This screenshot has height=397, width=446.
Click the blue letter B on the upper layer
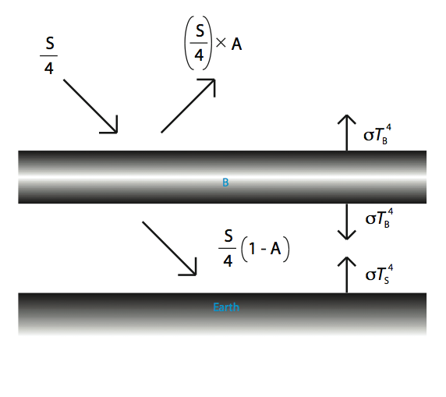(x=225, y=183)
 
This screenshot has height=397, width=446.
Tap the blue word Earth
(x=226, y=307)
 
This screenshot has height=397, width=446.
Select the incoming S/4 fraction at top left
(x=49, y=56)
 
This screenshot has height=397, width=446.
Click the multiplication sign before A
(x=221, y=43)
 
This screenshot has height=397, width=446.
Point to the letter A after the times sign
(x=236, y=44)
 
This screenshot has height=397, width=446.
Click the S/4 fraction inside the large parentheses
(x=199, y=43)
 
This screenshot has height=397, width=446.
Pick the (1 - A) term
(x=265, y=250)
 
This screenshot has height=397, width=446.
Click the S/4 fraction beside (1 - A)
(x=228, y=248)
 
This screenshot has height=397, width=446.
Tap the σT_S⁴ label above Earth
(x=379, y=275)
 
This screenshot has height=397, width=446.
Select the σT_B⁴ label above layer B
(x=377, y=134)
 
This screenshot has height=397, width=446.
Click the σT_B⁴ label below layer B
(x=379, y=218)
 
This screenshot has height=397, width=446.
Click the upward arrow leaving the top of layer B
(x=347, y=133)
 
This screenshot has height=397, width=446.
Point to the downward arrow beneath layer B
(x=347, y=222)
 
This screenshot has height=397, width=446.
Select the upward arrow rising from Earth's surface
(x=347, y=275)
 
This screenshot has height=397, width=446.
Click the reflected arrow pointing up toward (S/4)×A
(x=188, y=105)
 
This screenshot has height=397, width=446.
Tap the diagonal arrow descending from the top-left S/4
(x=90, y=106)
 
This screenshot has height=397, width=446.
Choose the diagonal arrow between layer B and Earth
(x=169, y=249)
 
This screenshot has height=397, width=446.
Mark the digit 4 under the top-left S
(x=49, y=69)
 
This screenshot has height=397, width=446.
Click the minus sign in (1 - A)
(x=264, y=250)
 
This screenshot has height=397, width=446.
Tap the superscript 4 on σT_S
(x=391, y=268)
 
